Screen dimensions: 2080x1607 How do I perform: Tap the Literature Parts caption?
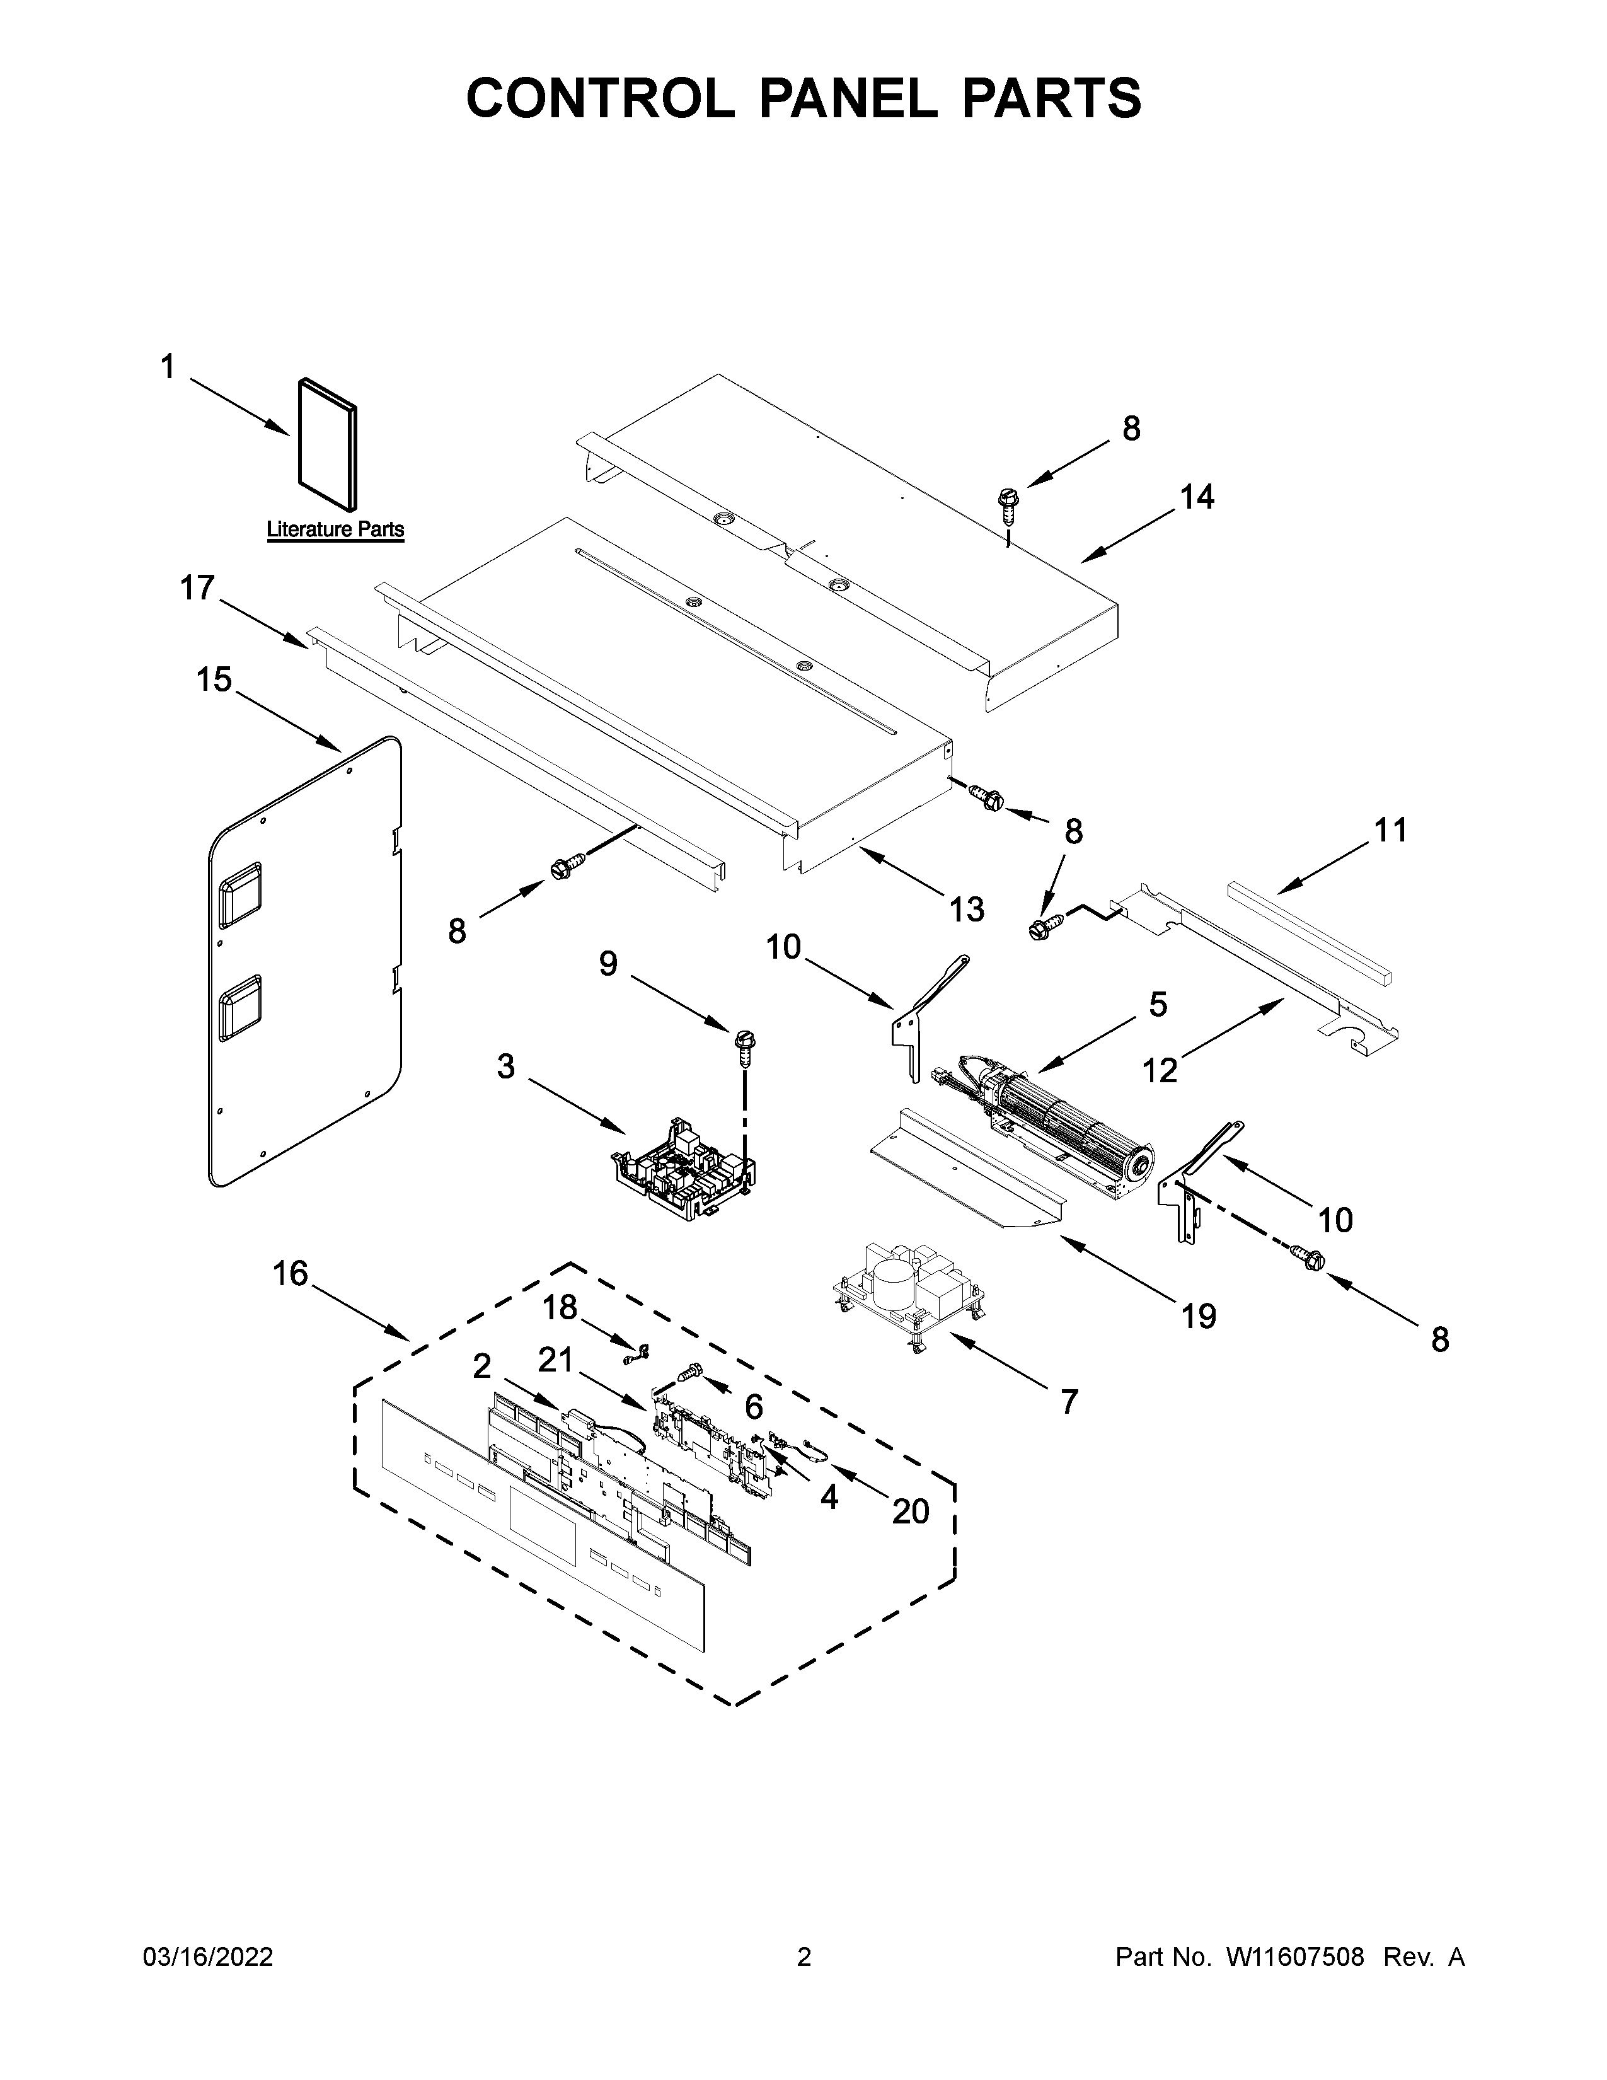pyautogui.click(x=335, y=529)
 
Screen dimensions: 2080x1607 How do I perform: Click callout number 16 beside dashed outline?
pyautogui.click(x=291, y=1273)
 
